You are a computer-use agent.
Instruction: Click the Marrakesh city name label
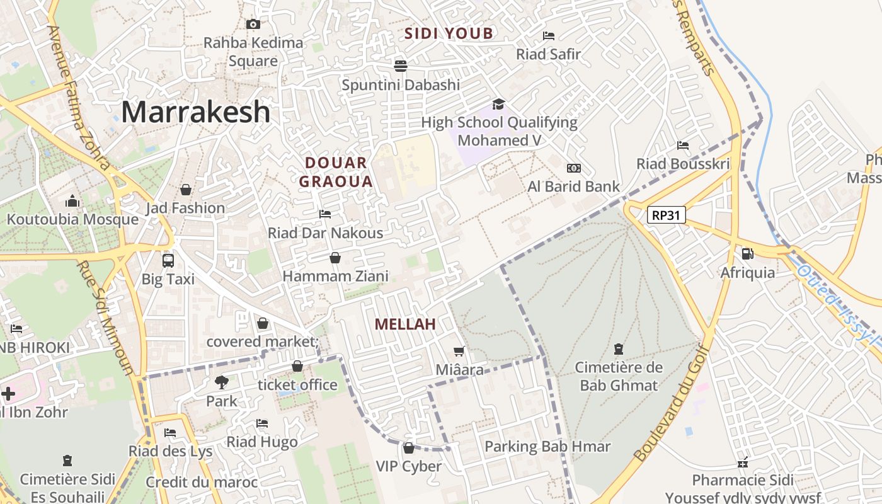pyautogui.click(x=195, y=112)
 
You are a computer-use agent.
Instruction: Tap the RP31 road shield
pyautogui.click(x=666, y=215)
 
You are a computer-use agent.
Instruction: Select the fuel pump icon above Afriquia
pyautogui.click(x=747, y=253)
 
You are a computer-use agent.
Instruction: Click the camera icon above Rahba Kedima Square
pyautogui.click(x=253, y=24)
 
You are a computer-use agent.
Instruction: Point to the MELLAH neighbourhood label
pyautogui.click(x=405, y=324)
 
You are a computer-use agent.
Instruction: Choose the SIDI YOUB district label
pyautogui.click(x=449, y=34)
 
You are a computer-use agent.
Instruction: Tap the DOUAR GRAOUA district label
pyautogui.click(x=336, y=172)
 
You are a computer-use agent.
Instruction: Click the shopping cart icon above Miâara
pyautogui.click(x=459, y=351)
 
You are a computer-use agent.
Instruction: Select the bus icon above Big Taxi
pyautogui.click(x=168, y=260)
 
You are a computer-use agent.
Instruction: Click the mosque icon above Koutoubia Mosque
pyautogui.click(x=72, y=201)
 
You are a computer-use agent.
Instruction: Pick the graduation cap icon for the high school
pyautogui.click(x=498, y=104)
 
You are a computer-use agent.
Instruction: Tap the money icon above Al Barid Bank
pyautogui.click(x=573, y=168)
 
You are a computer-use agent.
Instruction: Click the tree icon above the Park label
pyautogui.click(x=221, y=382)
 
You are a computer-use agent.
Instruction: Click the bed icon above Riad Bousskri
pyautogui.click(x=682, y=146)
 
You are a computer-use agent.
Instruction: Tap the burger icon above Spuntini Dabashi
pyautogui.click(x=401, y=66)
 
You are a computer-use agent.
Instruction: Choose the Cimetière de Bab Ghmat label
pyautogui.click(x=618, y=376)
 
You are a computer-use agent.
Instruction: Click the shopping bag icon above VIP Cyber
pyautogui.click(x=408, y=448)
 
